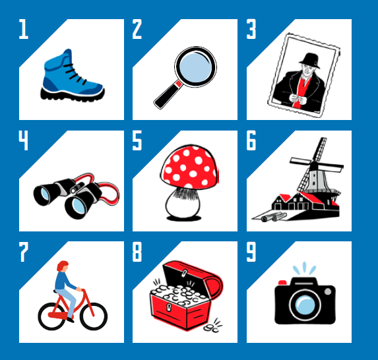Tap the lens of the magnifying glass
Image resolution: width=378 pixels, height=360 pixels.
[x=195, y=67]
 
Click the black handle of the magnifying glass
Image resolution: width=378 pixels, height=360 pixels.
[x=168, y=95]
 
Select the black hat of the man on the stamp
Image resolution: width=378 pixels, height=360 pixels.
[x=310, y=61]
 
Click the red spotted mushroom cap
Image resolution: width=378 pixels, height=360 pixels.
[x=189, y=167]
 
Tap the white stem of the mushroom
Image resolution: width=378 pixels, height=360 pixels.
[x=183, y=203]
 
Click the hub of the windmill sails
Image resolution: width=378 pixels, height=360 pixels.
[x=313, y=165]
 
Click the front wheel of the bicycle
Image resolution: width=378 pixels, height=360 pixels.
[x=94, y=316]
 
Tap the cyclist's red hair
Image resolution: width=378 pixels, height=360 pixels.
[x=63, y=266]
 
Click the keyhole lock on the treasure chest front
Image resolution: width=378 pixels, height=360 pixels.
[x=169, y=307]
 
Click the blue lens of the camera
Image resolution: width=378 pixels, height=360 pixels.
[x=305, y=305]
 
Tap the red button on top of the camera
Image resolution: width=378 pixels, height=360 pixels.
[x=282, y=283]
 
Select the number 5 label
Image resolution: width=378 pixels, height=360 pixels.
[x=137, y=140]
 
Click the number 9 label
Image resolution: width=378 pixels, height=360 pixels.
[x=251, y=252]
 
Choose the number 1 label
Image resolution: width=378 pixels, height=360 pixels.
[x=24, y=29]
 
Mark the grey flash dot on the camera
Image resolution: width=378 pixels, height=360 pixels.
[x=328, y=291]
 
